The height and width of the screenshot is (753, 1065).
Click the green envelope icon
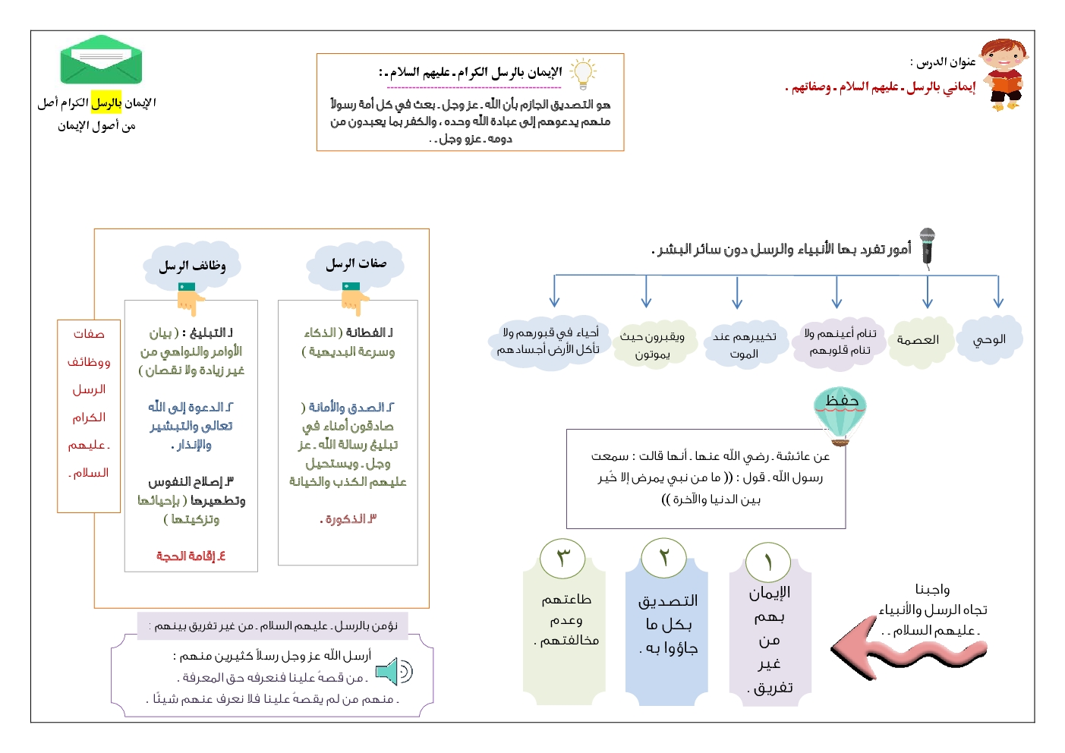(101, 60)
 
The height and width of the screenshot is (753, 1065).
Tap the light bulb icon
(582, 73)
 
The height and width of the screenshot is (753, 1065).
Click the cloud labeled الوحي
(989, 340)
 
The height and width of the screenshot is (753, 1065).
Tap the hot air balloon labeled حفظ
(840, 414)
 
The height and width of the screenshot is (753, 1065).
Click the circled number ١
(768, 562)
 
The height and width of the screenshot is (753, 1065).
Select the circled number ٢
(663, 558)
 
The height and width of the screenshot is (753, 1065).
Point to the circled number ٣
(562, 558)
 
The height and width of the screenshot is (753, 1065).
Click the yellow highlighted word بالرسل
(106, 102)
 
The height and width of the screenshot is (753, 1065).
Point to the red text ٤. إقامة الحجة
(191, 556)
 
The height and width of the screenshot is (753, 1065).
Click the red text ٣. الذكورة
(348, 519)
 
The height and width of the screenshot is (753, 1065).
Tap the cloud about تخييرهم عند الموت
(744, 345)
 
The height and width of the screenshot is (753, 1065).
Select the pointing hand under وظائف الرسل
(190, 298)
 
